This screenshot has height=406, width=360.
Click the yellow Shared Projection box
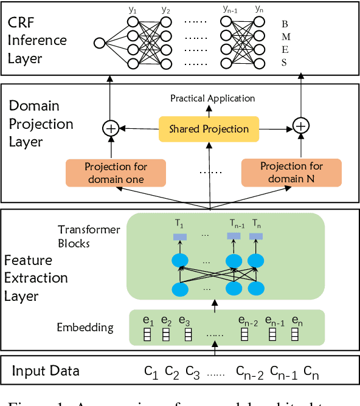point(209,129)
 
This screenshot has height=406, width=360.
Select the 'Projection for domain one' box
point(115,173)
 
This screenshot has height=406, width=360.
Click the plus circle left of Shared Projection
point(110,128)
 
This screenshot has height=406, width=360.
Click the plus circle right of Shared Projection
point(302,126)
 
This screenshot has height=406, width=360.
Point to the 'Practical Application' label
point(212,98)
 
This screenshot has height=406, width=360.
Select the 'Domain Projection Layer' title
point(41,124)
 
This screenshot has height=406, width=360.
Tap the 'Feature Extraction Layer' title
point(36,278)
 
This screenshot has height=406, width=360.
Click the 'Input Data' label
point(46,371)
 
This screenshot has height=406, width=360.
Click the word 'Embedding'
point(85,327)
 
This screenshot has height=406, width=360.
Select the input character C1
point(151,371)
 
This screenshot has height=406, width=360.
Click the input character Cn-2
point(249,372)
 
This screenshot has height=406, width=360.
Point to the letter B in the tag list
point(284,24)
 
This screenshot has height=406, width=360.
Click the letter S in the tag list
point(284,62)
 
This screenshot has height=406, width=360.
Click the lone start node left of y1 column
point(100,43)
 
